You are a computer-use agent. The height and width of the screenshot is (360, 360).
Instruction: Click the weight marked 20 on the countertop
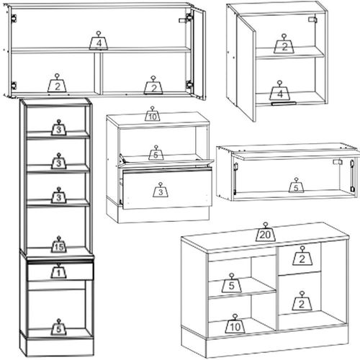(x=265, y=233)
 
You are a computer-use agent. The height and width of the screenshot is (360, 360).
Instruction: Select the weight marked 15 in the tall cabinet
(x=59, y=245)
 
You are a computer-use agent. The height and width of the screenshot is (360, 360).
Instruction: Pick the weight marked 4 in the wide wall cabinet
(x=99, y=41)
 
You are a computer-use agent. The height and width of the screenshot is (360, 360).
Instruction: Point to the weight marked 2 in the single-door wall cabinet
(x=284, y=44)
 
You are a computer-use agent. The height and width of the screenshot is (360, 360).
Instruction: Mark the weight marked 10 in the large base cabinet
(x=235, y=324)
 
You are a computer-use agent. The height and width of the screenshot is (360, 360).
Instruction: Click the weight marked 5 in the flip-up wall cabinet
(x=296, y=186)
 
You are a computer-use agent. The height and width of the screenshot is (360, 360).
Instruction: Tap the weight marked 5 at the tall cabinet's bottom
(x=58, y=327)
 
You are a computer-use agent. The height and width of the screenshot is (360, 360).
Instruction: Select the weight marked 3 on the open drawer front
(x=161, y=190)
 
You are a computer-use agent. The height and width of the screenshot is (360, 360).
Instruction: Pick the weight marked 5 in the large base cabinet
(x=231, y=283)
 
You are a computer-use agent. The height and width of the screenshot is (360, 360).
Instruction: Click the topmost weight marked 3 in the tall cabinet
(x=58, y=127)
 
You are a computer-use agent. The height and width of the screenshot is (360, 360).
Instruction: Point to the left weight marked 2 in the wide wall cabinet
(x=57, y=84)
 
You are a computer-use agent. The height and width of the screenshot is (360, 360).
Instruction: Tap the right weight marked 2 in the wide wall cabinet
(x=153, y=85)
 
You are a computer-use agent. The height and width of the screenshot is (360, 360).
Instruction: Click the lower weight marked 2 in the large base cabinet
(x=302, y=301)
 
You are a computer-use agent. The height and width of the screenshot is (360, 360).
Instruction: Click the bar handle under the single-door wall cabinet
(x=284, y=104)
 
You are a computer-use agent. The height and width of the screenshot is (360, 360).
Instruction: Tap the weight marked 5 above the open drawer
(x=156, y=153)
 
